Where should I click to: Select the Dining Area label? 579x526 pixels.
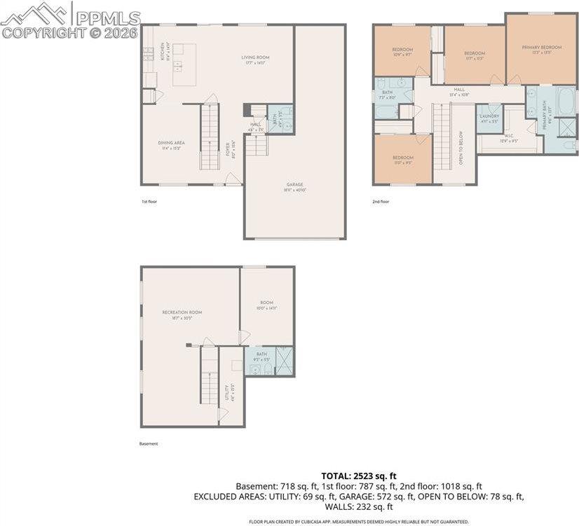pyautogui.click(x=171, y=145)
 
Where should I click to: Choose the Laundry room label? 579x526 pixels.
pyautogui.click(x=489, y=118)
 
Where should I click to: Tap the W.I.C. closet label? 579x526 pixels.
pyautogui.click(x=509, y=139)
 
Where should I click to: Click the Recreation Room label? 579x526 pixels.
pyautogui.click(x=182, y=314)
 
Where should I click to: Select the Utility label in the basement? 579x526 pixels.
pyautogui.click(x=227, y=391)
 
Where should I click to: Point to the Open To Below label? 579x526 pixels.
pyautogui.click(x=461, y=146)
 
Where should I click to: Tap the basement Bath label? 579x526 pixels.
pyautogui.click(x=261, y=356)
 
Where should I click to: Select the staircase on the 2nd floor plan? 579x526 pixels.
pyautogui.click(x=441, y=137)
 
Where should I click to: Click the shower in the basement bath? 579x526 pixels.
pyautogui.click(x=285, y=360)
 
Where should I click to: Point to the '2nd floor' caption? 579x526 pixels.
pyautogui.click(x=381, y=202)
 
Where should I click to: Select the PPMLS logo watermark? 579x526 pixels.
pyautogui.click(x=70, y=21)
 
